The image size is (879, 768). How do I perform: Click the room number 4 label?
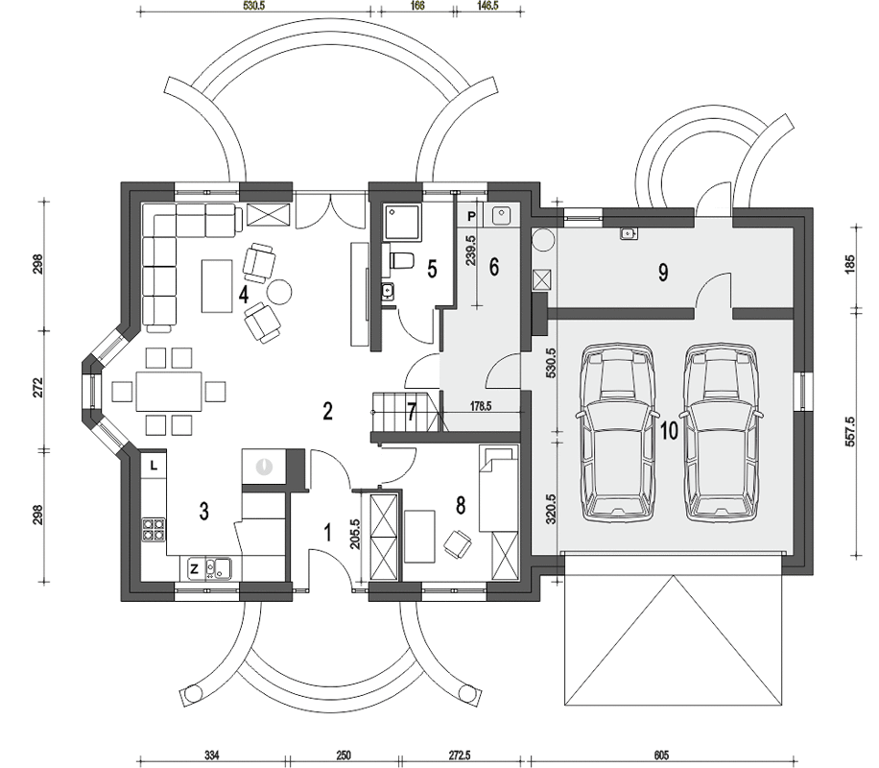(244, 295)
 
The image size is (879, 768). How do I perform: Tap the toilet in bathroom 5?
(400, 261)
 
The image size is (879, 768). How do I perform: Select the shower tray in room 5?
(402, 223)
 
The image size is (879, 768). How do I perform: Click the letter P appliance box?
(471, 216)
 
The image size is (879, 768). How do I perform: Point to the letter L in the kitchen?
(154, 465)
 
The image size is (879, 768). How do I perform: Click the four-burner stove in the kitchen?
(154, 530)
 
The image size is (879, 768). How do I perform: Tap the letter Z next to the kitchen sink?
(195, 569)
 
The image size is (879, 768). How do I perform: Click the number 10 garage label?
(670, 431)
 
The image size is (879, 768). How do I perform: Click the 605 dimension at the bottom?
(661, 756)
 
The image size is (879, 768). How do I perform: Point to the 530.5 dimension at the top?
(254, 5)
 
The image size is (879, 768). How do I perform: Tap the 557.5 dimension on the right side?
(849, 431)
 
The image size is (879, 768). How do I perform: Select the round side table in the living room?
(278, 291)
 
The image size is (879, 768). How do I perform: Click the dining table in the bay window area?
(169, 391)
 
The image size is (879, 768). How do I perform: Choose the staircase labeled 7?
(408, 413)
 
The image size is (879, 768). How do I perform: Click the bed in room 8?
(498, 489)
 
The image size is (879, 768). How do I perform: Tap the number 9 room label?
(663, 274)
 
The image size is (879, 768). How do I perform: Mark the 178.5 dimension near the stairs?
(481, 406)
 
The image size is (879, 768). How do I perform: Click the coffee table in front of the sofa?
(217, 285)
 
